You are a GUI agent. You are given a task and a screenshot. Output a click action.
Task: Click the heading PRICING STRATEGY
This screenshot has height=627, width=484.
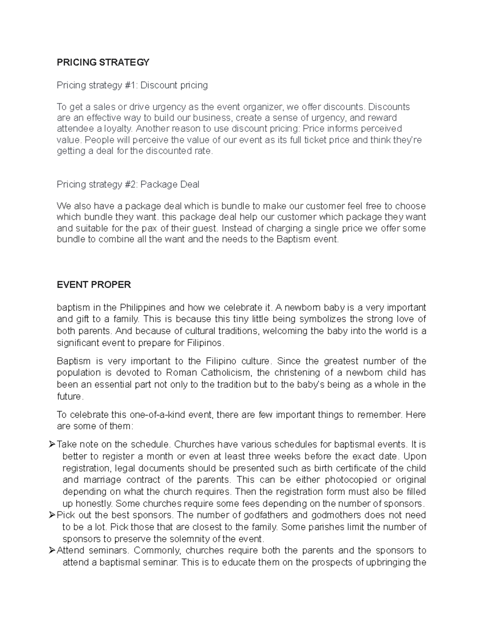(103, 62)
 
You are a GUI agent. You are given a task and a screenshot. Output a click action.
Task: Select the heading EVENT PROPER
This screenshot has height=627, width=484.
(94, 285)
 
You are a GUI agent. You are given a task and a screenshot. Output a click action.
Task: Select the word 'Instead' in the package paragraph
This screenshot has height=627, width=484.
(237, 228)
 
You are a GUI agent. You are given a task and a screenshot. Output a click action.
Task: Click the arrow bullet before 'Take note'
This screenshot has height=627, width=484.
(52, 445)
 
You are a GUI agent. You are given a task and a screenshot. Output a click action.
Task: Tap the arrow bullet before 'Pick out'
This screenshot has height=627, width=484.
(52, 515)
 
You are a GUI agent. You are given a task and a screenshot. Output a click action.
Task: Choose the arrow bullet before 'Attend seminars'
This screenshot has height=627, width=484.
(52, 551)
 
